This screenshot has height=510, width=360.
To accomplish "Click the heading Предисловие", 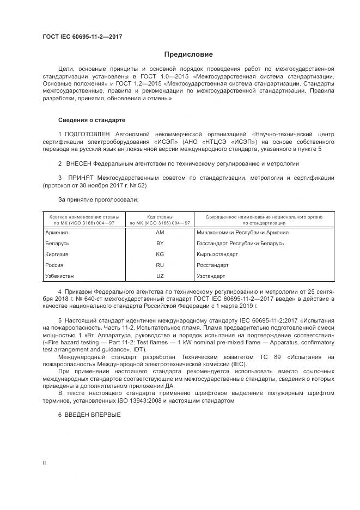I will [189, 54].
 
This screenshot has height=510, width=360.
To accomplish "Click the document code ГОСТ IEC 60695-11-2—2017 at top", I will [82, 37].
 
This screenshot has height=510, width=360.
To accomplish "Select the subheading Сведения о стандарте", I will [91, 119].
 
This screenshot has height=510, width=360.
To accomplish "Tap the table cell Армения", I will [57, 232].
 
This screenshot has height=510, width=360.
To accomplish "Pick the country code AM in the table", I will [160, 232].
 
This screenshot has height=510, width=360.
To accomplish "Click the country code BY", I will [160, 243].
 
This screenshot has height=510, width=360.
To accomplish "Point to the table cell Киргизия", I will [57, 254].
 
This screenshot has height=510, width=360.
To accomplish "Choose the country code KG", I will [160, 254].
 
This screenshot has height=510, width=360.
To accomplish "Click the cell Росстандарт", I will [212, 265].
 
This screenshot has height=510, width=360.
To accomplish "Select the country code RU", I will [160, 265].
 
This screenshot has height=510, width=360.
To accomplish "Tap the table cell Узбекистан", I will [59, 276].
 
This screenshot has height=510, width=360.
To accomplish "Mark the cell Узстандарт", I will [210, 276].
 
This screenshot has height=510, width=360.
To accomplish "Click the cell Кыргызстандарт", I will [217, 254].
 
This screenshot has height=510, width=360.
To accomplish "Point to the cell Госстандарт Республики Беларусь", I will [240, 243].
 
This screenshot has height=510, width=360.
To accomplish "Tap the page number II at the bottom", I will [44, 463].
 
